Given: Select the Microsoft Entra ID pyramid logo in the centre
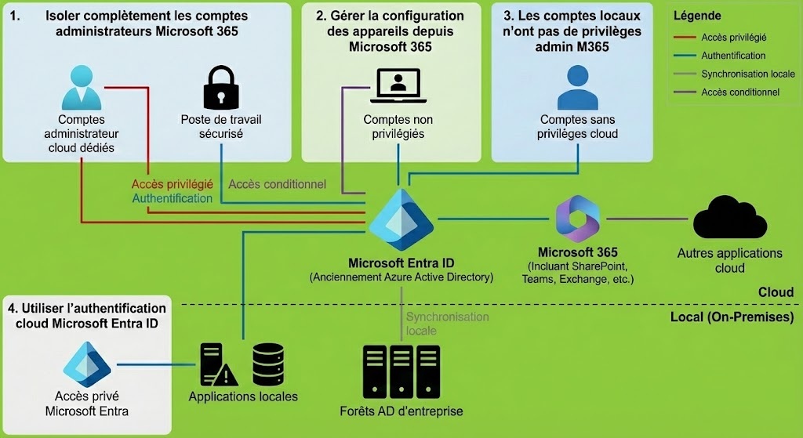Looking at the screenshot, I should point(401,220).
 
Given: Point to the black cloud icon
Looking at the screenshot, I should point(729,217).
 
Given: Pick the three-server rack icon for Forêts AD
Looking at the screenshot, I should point(401,371).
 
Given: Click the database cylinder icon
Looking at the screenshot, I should point(267,363).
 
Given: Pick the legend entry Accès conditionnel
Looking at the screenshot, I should point(740,92).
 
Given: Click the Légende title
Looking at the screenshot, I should point(696,16).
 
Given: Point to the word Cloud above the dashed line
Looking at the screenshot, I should point(776,292).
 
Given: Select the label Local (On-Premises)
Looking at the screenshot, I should point(732,317).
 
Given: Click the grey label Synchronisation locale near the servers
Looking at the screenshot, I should point(447,324).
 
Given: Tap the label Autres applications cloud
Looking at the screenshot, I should point(729,261).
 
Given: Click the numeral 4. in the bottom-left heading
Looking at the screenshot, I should point(12,308).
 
